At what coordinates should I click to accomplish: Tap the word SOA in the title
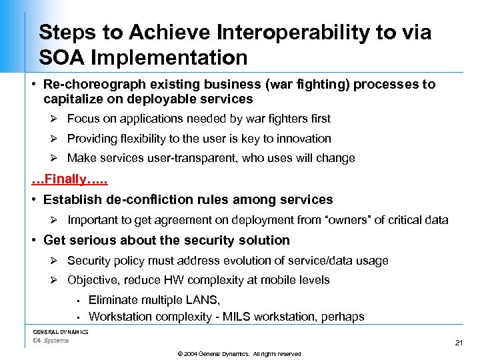coord(61,58)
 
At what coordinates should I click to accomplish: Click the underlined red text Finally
coord(69,179)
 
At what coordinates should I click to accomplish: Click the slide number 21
coord(458,343)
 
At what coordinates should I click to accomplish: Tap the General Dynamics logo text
coord(61,331)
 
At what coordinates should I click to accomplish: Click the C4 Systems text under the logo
coord(51,341)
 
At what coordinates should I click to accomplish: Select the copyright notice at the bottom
coord(240,354)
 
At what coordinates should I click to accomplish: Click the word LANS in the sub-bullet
coord(203,301)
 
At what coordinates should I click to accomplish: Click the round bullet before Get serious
coord(35,240)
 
